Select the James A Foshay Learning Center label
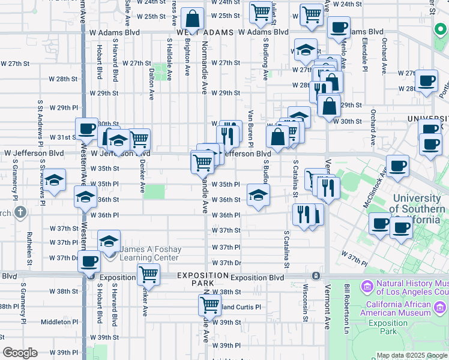[x=150, y=253]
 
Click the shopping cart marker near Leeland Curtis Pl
[x=209, y=304]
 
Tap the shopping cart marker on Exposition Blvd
[x=148, y=274]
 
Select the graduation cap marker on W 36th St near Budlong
[x=259, y=195]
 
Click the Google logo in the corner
[x=20, y=353]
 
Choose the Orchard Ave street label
[x=373, y=125]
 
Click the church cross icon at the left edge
[x=20, y=212]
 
